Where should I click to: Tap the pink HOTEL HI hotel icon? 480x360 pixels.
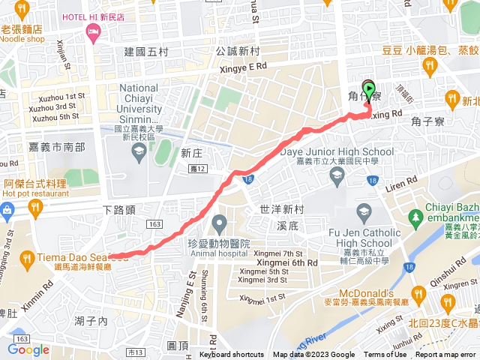tap(93, 31)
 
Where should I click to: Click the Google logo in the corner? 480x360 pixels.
tap(28, 349)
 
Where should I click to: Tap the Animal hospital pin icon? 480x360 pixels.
tap(219, 223)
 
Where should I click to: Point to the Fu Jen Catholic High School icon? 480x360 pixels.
tap(364, 210)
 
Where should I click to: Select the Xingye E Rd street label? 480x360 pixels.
tap(242, 66)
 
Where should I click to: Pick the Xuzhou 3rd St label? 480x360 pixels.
tap(54, 106)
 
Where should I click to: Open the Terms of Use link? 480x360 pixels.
tap(385, 355)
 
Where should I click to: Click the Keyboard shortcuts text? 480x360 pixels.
tap(232, 355)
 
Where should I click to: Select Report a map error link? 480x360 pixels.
tap(447, 355)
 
